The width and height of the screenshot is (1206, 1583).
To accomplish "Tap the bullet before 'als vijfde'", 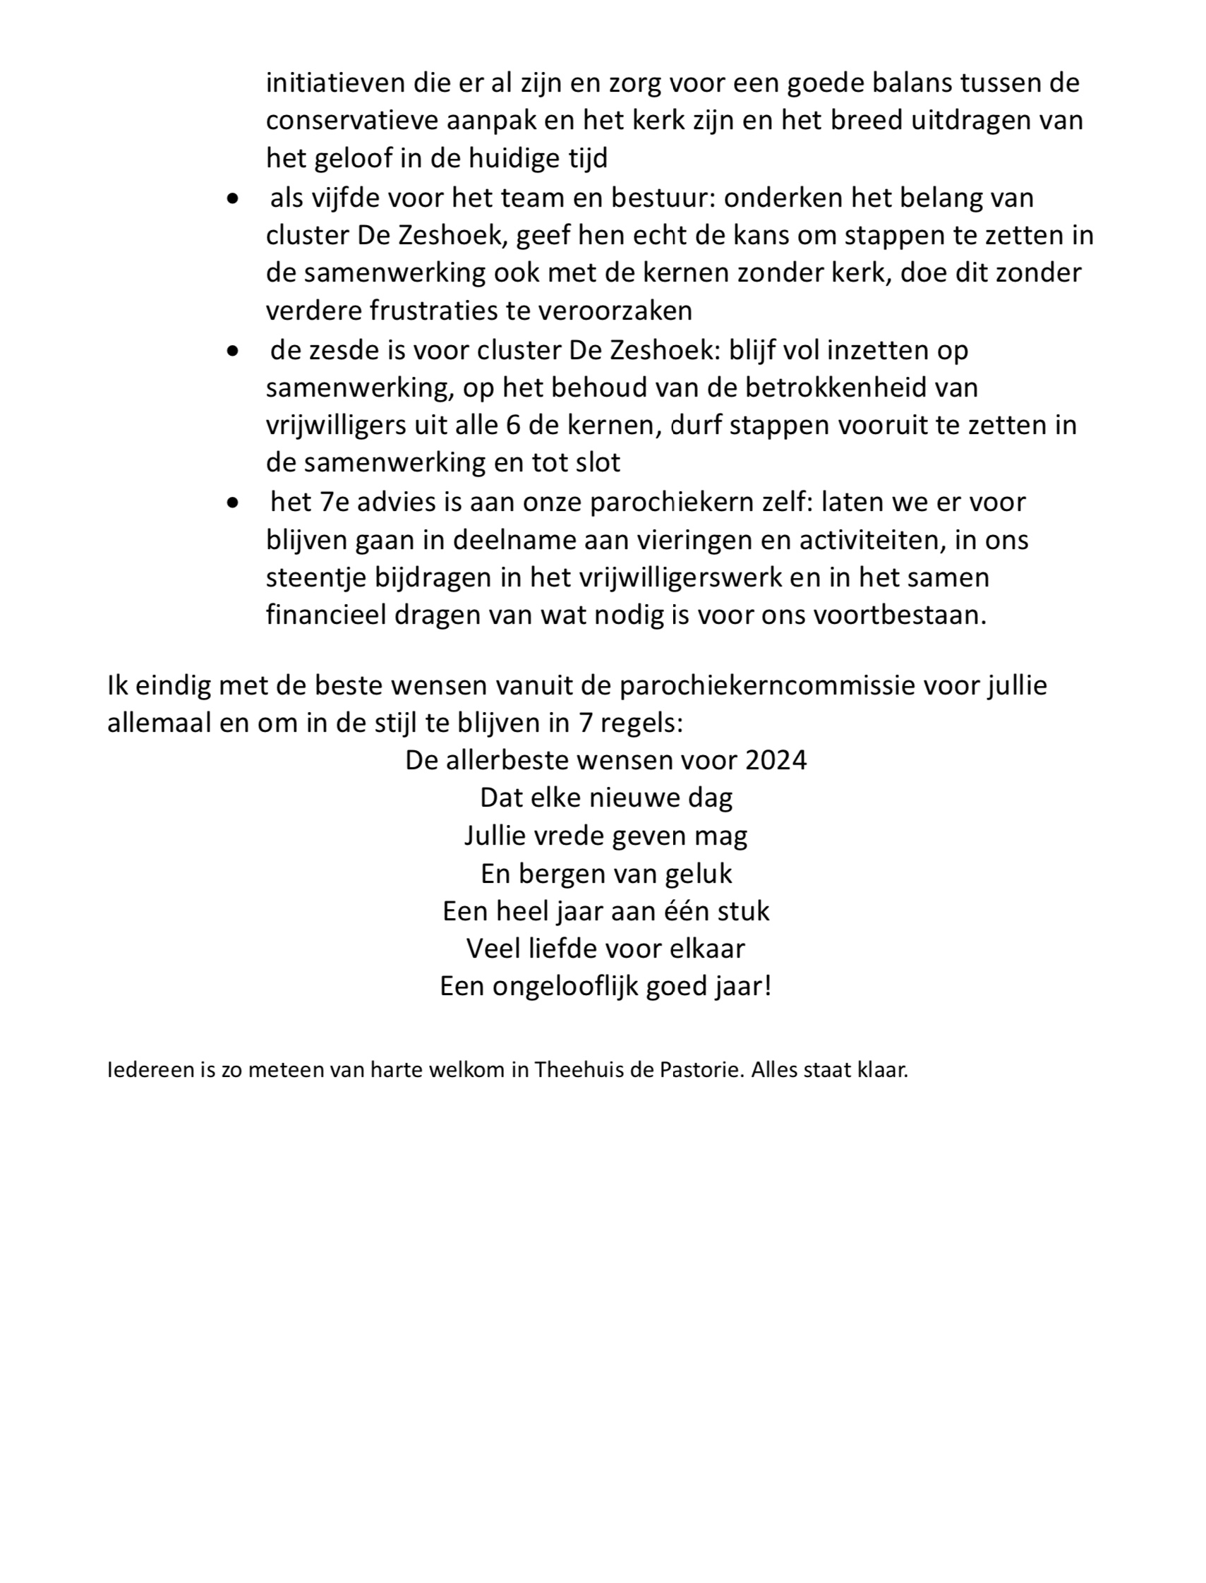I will (x=232, y=199).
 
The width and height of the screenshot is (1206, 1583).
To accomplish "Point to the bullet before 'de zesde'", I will (x=232, y=351).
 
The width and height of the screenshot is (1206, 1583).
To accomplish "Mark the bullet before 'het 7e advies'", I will (x=232, y=503).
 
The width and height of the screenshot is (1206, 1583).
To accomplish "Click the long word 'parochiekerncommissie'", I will (x=766, y=685).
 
